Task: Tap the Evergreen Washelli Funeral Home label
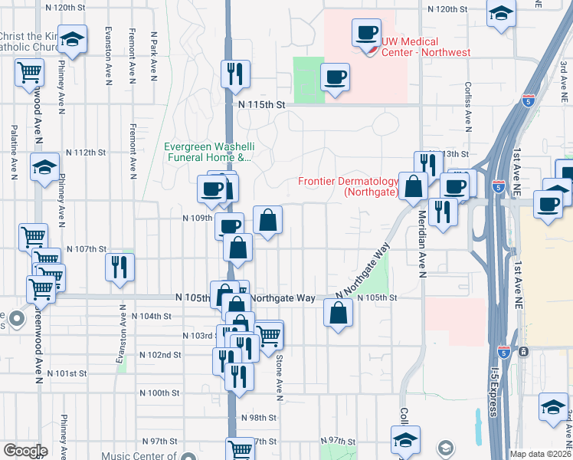pyautogui.click(x=208, y=153)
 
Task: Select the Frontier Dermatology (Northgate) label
pyautogui.click(x=348, y=187)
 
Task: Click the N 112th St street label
pyautogui.click(x=85, y=152)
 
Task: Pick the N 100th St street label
pyautogui.click(x=159, y=393)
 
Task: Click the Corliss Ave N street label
pyautogui.click(x=467, y=107)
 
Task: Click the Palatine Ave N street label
pyautogui.click(x=14, y=153)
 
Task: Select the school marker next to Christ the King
pyautogui.click(x=73, y=38)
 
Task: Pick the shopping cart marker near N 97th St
pyautogui.click(x=241, y=449)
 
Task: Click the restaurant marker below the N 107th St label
pyautogui.click(x=120, y=265)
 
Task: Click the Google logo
pyautogui.click(x=25, y=451)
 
